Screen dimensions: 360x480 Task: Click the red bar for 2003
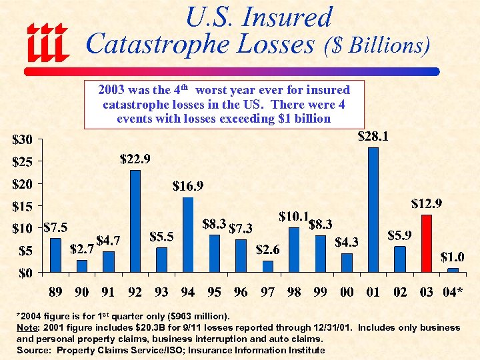[427, 243]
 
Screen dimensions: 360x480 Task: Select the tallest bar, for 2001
[373, 209]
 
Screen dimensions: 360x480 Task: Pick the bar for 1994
[188, 235]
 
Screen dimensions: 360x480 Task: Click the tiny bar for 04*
[453, 270]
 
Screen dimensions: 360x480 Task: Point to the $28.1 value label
[373, 137]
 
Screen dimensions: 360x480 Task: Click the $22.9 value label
[135, 159]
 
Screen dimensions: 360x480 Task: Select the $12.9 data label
[426, 203]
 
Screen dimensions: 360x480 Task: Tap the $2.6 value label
[268, 249]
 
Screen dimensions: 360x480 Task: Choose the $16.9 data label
[189, 185]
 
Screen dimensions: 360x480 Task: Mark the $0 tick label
[27, 273]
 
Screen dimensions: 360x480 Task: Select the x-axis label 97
[267, 291]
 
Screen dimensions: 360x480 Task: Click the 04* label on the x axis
[454, 291]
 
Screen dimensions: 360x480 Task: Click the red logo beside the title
[47, 42]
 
